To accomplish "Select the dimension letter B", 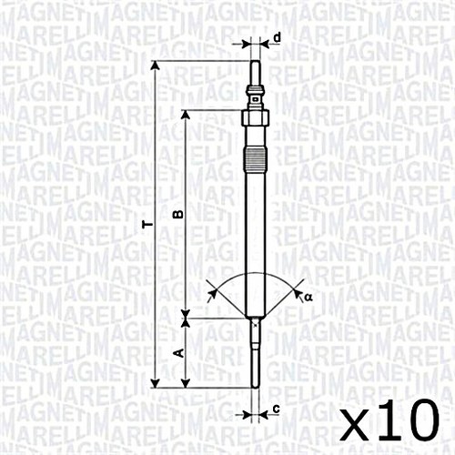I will (x=178, y=214).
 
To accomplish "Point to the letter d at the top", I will (x=277, y=37).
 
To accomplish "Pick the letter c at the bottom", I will (x=276, y=409).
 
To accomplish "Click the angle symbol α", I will (x=308, y=296).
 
